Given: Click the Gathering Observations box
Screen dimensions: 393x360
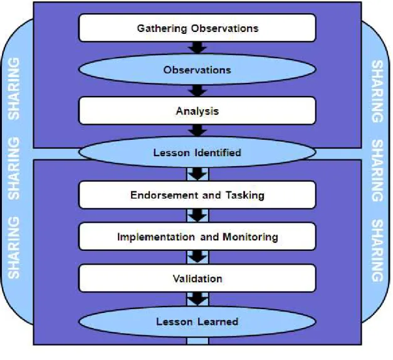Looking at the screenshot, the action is (x=197, y=28).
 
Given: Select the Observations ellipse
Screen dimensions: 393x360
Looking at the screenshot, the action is (x=197, y=70).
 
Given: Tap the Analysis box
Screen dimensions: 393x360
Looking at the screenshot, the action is (x=197, y=110).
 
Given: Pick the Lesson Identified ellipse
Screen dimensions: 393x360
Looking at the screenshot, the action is (x=197, y=152).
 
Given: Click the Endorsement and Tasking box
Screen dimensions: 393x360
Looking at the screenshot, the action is (x=197, y=195).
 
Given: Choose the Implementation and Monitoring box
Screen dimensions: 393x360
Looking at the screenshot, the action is (x=197, y=236).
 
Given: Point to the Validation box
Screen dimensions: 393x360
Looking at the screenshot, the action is (x=197, y=278).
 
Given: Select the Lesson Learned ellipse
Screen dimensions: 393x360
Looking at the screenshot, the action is (x=197, y=322).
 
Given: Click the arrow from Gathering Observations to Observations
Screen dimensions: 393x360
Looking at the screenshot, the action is (x=197, y=48).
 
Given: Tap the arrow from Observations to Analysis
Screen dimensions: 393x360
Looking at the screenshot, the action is (x=197, y=91).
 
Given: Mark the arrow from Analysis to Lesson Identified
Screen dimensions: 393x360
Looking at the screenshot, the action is (x=197, y=130).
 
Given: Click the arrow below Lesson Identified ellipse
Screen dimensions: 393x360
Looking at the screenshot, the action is (x=197, y=174).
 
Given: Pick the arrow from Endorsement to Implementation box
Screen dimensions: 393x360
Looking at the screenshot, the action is (x=197, y=216).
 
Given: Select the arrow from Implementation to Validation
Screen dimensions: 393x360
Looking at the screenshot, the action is (x=197, y=257).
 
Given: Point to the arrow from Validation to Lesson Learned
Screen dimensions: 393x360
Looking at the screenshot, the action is (x=197, y=299).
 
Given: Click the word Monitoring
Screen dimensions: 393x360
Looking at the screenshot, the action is (x=250, y=237).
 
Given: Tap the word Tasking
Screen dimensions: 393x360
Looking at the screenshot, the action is (x=245, y=196).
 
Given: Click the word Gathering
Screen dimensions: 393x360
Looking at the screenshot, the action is (x=162, y=28).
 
